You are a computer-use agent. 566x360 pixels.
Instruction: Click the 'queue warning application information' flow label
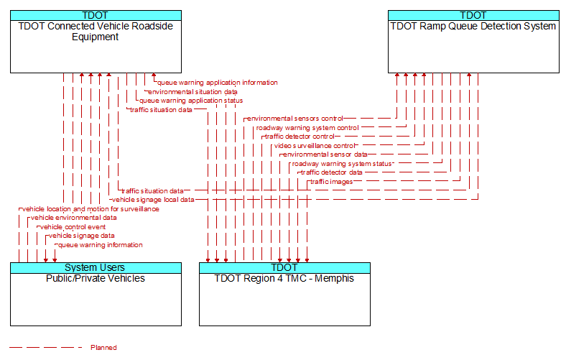pos(218,83)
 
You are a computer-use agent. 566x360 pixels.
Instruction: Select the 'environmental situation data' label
pos(192,92)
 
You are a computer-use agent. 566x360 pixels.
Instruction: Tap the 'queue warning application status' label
pos(191,101)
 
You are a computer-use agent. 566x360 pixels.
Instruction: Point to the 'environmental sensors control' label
pos(295,119)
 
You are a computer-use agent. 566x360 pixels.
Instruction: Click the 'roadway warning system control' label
pos(307,128)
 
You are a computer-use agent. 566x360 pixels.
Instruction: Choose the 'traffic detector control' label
pos(300,137)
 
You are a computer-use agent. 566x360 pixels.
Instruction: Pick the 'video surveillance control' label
pos(315,146)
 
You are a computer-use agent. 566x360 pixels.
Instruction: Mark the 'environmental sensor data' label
pos(325,154)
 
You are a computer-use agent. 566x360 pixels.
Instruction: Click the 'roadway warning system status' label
pos(342,164)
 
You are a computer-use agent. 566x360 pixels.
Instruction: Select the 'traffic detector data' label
pos(332,172)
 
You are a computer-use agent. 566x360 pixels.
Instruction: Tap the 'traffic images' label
pos(331,182)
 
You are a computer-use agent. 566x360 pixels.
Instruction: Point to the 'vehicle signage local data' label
pos(153,200)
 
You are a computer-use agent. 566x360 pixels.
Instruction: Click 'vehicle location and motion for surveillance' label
pos(91,209)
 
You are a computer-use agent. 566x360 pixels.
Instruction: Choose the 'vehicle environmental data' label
pos(74,218)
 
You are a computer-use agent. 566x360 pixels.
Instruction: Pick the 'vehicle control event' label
pos(73,227)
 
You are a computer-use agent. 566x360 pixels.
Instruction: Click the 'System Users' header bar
pos(96,267)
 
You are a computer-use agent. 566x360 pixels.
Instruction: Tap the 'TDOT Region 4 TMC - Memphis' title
pos(284,278)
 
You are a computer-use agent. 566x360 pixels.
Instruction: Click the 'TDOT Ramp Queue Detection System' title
pos(473,27)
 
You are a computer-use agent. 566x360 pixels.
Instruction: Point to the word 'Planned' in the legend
pos(103,348)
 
